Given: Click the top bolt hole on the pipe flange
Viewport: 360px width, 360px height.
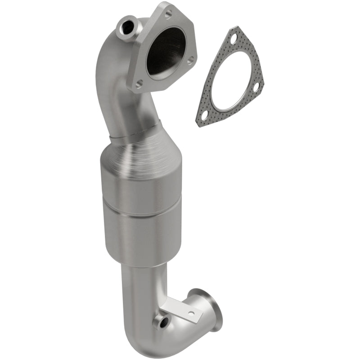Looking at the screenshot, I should (168, 14).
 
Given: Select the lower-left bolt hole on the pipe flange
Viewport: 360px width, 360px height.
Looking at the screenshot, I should (140, 83).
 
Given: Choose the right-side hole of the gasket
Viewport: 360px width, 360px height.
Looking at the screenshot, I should (256, 88).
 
